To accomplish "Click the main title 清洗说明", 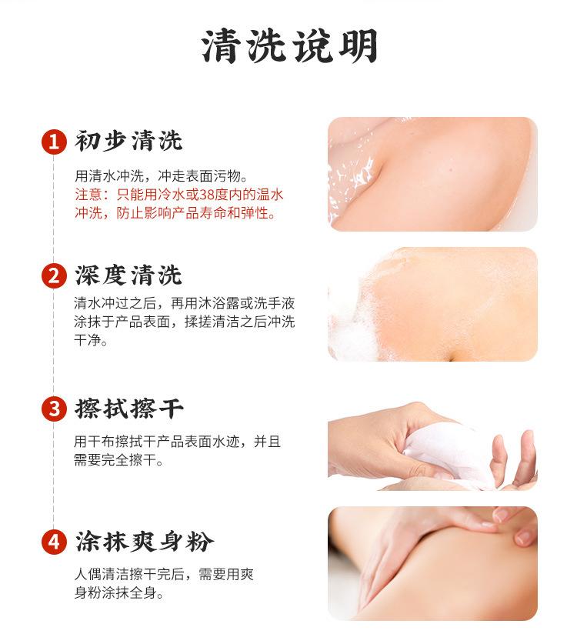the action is [289, 46].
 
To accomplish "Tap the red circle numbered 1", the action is [54, 142].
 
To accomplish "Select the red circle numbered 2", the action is [54, 275].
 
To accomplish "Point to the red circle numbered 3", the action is [54, 409].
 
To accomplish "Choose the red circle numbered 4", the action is [54, 542].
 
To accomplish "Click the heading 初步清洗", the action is [128, 141].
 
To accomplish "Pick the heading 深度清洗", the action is [128, 275].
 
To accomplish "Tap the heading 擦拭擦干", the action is [129, 409].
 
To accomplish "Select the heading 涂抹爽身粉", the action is [144, 542].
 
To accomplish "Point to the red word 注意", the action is [88, 194].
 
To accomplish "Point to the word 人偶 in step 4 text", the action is [88, 574].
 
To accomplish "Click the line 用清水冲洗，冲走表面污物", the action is [161, 175].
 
